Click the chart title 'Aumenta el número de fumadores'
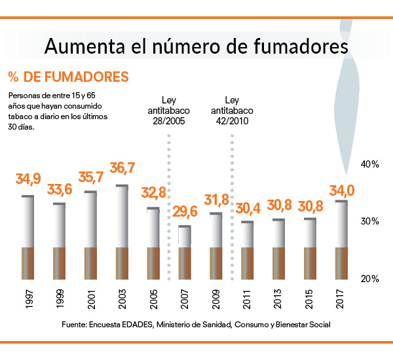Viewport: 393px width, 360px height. [x=196, y=47]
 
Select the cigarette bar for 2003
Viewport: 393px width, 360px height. [x=122, y=232]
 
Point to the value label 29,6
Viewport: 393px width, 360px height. [x=185, y=211]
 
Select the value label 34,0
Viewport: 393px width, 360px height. [x=341, y=190]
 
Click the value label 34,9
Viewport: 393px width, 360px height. [x=28, y=179]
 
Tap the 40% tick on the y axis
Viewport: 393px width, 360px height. [x=371, y=164]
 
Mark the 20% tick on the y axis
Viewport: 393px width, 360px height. [x=371, y=279]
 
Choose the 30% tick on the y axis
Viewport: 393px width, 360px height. [x=371, y=221]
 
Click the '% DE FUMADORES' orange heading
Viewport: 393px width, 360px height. [x=68, y=77]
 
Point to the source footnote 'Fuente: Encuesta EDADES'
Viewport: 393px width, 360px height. [x=196, y=325]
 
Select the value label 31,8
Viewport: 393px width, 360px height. [x=217, y=199]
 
